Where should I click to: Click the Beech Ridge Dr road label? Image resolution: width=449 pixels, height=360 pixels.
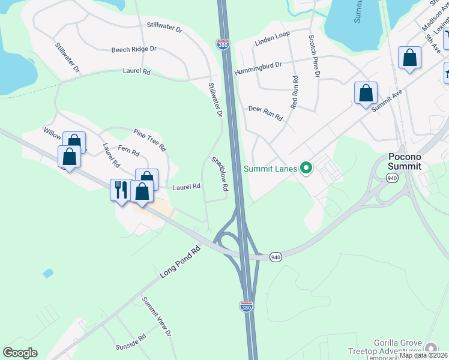[133, 49]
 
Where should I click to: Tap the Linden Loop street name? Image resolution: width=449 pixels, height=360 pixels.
[272, 37]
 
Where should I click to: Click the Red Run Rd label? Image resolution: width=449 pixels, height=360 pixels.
[294, 92]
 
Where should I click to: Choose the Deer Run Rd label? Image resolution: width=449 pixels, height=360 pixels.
[265, 113]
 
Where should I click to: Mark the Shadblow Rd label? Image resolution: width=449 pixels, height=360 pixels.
[220, 174]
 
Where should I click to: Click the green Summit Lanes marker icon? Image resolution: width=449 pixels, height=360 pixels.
[306, 169]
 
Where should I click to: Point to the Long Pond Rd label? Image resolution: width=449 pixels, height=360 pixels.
[179, 263]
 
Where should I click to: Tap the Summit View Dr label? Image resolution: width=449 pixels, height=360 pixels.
[157, 316]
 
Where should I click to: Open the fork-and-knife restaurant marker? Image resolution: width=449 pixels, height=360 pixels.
[121, 190]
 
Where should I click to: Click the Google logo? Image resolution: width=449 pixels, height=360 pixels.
[20, 353]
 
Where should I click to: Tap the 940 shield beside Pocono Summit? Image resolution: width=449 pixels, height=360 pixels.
[392, 178]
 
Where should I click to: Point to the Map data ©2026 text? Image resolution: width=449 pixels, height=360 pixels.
[423, 355]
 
